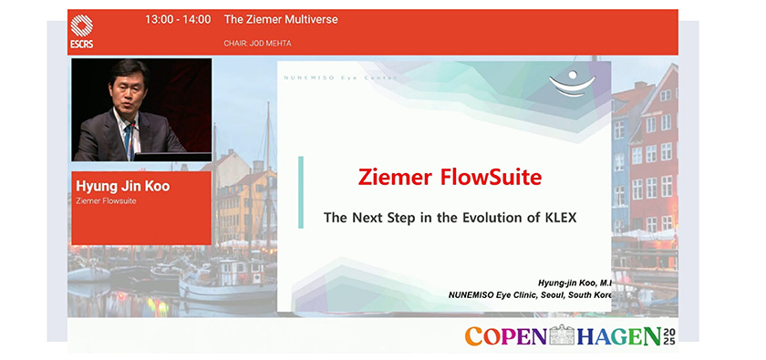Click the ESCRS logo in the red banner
pyautogui.click(x=81, y=32)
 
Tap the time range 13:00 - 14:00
pyautogui.click(x=178, y=20)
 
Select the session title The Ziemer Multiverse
pyautogui.click(x=281, y=20)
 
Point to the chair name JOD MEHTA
pyautogui.click(x=270, y=44)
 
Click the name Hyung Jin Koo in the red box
pyautogui.click(x=122, y=187)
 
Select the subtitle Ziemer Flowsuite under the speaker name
pyautogui.click(x=106, y=201)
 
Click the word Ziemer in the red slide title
pyautogui.click(x=396, y=177)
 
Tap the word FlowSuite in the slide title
pyautogui.click(x=491, y=177)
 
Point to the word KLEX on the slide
pyautogui.click(x=560, y=218)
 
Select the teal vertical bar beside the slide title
pyautogui.click(x=301, y=192)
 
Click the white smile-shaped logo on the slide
pyautogui.click(x=573, y=84)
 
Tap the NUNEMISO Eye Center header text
pyautogui.click(x=340, y=77)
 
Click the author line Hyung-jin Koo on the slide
pyautogui.click(x=574, y=283)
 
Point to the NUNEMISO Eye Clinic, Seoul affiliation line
pyautogui.click(x=530, y=295)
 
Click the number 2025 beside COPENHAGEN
pyautogui.click(x=669, y=336)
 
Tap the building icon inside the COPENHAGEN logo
pyautogui.click(x=562, y=334)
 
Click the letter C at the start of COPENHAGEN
pyautogui.click(x=474, y=336)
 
